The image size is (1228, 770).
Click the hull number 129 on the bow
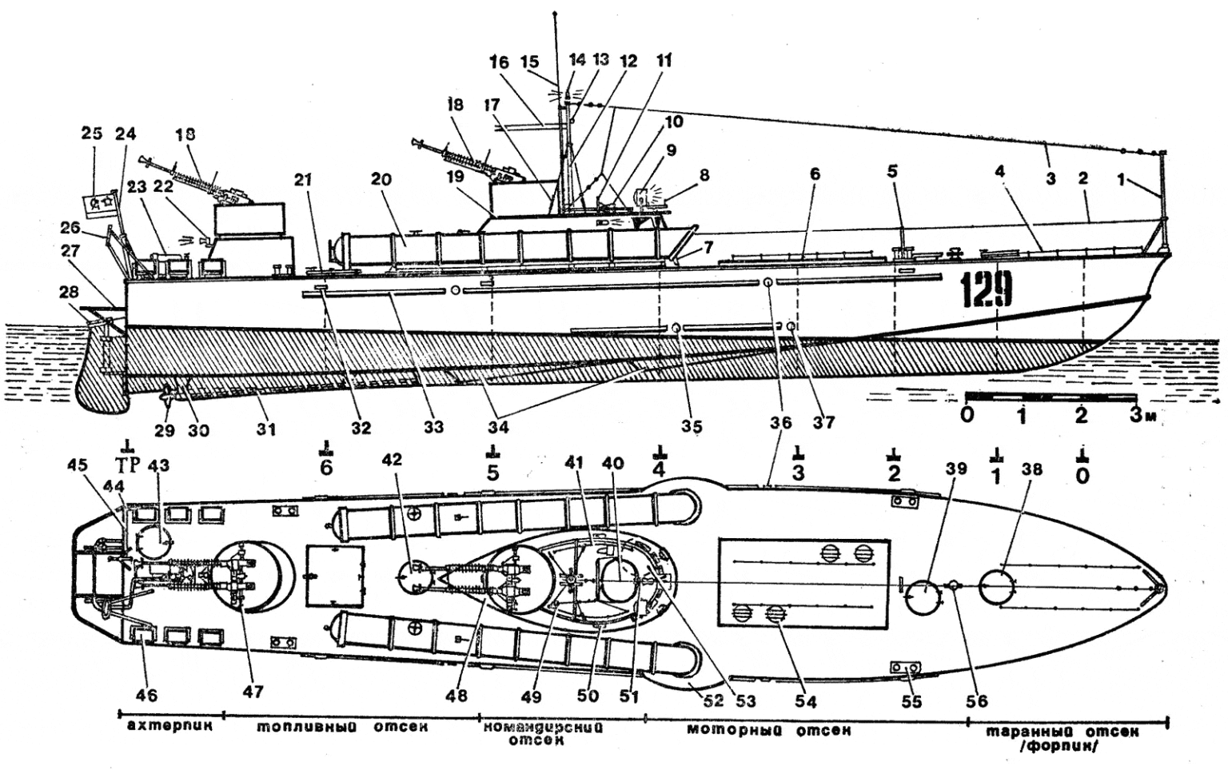click(x=987, y=289)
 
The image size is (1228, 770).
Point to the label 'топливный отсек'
click(x=343, y=728)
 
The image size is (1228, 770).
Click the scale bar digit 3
click(x=1135, y=415)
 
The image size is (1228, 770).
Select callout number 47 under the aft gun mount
click(x=253, y=691)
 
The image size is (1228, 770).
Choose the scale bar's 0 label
click(x=967, y=415)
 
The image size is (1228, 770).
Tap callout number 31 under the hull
click(x=265, y=429)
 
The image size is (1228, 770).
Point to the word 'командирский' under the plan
click(x=543, y=728)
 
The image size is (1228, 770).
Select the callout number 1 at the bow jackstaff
click(x=1123, y=180)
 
